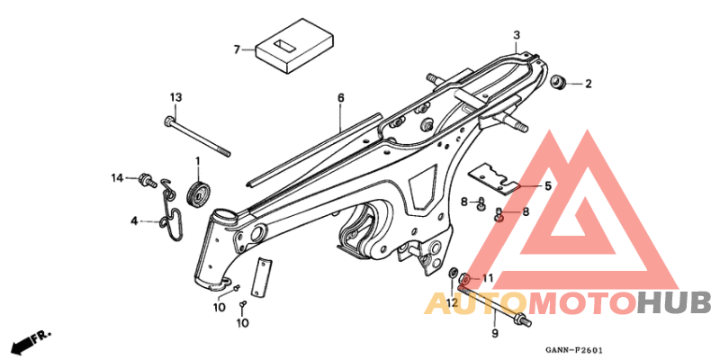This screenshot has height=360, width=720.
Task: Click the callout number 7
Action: pos(237,49)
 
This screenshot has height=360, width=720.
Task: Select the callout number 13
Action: pos(175,96)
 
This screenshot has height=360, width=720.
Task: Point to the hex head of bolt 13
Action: pos(170,120)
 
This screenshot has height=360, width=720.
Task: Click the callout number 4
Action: pos(132,220)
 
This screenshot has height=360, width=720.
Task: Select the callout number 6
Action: pos(341,96)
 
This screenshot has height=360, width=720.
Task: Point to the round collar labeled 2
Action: pos(559,85)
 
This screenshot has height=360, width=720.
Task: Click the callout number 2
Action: pos(589,85)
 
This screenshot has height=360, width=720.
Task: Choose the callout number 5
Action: pos(545,186)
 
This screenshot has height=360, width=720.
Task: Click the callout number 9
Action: pos(493,334)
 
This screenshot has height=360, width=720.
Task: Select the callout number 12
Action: pos(452,302)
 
